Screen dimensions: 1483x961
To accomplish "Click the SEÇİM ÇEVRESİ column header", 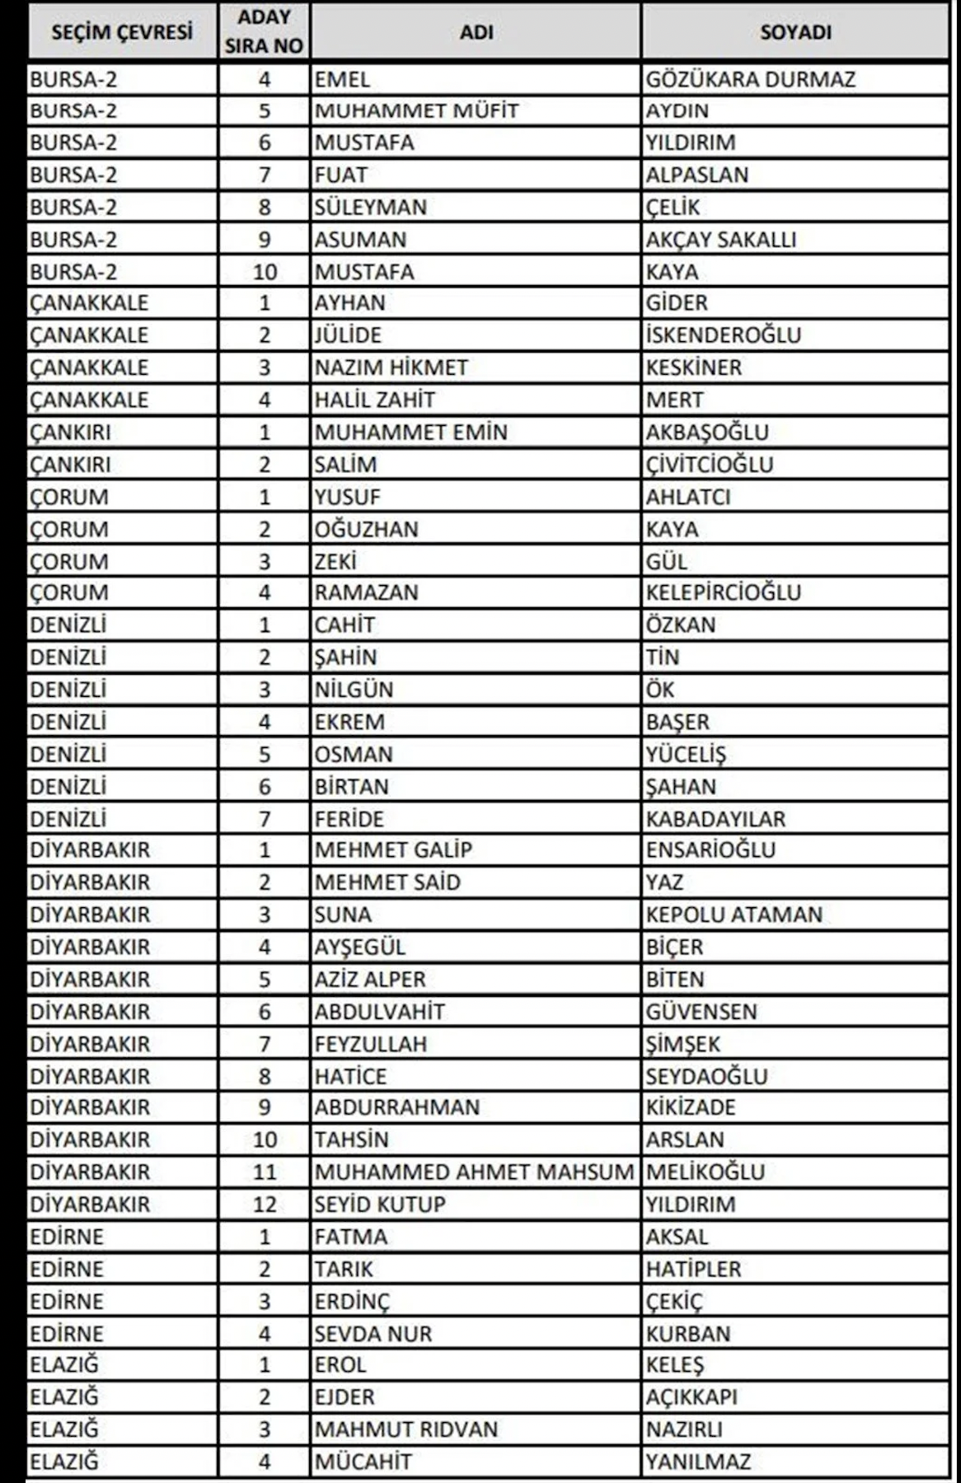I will point(122,32).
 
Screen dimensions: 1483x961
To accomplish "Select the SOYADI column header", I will point(795,32).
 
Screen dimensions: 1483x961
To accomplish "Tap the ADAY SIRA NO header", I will point(264,32).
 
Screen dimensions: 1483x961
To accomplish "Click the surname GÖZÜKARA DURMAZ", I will point(750,80).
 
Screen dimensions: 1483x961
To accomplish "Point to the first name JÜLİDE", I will point(348,335).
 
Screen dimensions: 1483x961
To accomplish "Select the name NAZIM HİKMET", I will point(391,367).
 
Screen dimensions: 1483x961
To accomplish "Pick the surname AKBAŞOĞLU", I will point(707,433).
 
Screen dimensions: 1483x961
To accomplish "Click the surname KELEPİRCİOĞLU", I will point(723,592).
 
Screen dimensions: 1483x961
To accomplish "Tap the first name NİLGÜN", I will point(354,690).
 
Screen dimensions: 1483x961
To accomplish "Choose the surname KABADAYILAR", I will point(715,819).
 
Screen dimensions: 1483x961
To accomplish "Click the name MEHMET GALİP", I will point(393,849).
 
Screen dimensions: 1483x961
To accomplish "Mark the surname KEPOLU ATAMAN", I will point(734,915).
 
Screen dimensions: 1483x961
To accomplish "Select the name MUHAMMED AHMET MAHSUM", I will point(474,1172).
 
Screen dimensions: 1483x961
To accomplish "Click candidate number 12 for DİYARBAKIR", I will point(264,1205).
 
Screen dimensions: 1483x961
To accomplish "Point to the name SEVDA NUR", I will point(373,1334).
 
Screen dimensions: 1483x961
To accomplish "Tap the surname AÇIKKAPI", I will point(691,1397).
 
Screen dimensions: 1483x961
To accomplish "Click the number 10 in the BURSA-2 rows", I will point(264,272).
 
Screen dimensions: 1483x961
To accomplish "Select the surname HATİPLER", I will point(693,1269).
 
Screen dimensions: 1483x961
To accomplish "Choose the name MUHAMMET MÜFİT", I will point(416,111).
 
